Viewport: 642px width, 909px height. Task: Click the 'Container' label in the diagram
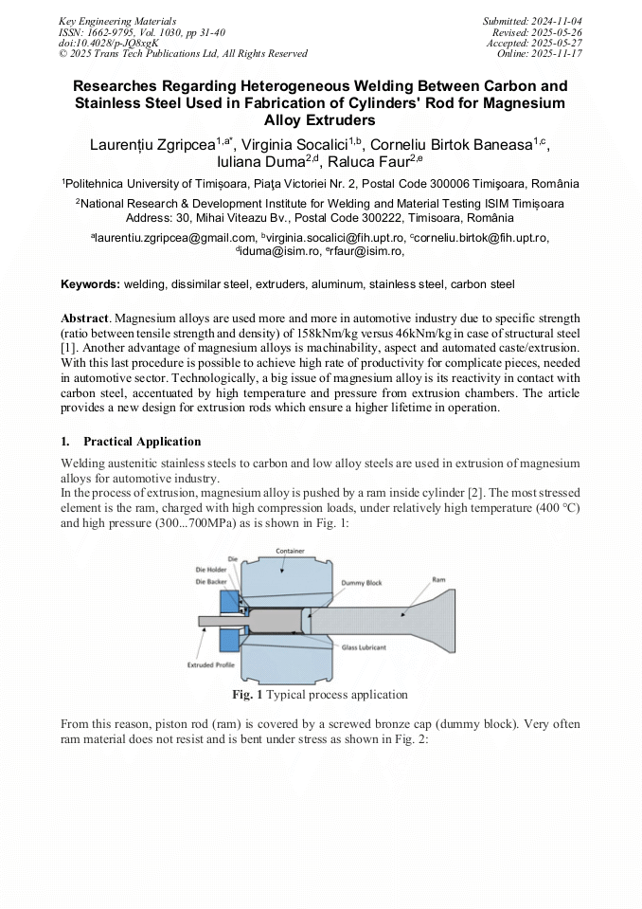click(290, 551)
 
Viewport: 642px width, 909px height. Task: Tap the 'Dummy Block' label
click(361, 583)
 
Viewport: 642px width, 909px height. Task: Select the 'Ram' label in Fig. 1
click(438, 578)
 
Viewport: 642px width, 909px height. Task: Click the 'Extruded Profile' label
click(211, 665)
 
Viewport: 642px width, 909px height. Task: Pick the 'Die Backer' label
click(211, 580)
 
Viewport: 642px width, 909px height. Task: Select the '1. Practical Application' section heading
click(131, 442)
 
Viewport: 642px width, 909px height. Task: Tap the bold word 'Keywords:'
click(90, 283)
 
